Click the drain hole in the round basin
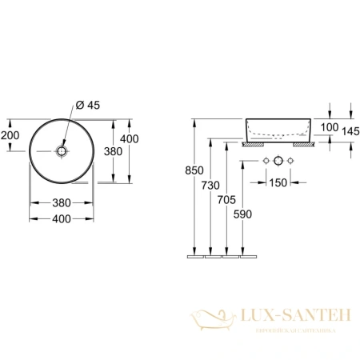click(62, 150)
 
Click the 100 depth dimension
click(329, 128)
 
